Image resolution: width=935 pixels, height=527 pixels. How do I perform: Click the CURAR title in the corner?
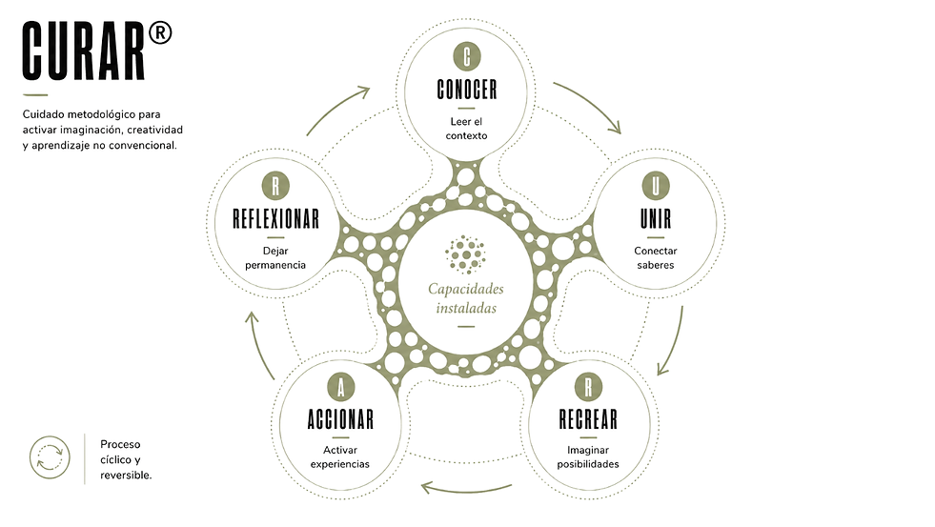[x=84, y=51]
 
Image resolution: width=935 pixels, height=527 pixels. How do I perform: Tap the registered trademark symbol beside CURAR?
[x=160, y=33]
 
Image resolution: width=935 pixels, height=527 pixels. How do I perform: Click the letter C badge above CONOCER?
[x=467, y=56]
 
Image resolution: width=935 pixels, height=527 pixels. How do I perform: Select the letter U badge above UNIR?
[x=656, y=186]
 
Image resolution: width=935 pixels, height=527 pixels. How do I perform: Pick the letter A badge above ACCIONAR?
[x=341, y=388]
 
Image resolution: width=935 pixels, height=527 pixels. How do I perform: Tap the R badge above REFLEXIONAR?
[x=275, y=186]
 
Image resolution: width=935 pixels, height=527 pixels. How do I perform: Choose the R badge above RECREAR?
[x=589, y=387]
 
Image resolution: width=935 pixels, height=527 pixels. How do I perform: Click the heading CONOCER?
[x=467, y=90]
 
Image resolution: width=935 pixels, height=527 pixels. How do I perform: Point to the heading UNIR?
[x=656, y=219]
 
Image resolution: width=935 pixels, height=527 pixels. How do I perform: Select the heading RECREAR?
[x=589, y=419]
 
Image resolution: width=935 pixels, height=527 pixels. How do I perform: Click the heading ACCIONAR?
[x=341, y=419]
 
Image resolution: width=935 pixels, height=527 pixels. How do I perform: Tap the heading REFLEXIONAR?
[x=275, y=219]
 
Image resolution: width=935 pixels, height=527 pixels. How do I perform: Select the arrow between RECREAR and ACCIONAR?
[x=466, y=491]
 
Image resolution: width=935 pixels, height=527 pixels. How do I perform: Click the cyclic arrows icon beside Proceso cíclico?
[x=51, y=457]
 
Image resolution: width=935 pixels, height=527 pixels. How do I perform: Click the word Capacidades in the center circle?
[x=466, y=289]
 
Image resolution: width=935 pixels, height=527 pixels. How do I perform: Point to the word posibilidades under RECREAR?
[x=588, y=464]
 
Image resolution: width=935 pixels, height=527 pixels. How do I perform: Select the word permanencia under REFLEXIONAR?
[x=275, y=265]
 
